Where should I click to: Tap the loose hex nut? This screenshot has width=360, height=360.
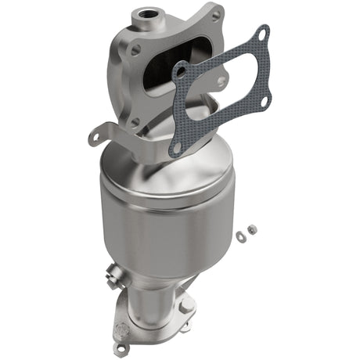tap(251, 229)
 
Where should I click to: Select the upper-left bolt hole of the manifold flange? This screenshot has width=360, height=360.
tap(135, 49)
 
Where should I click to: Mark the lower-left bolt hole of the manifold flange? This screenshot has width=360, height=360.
tap(134, 121)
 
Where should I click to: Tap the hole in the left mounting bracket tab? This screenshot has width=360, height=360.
tap(95, 136)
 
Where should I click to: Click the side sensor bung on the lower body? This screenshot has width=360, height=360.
tap(109, 275)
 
